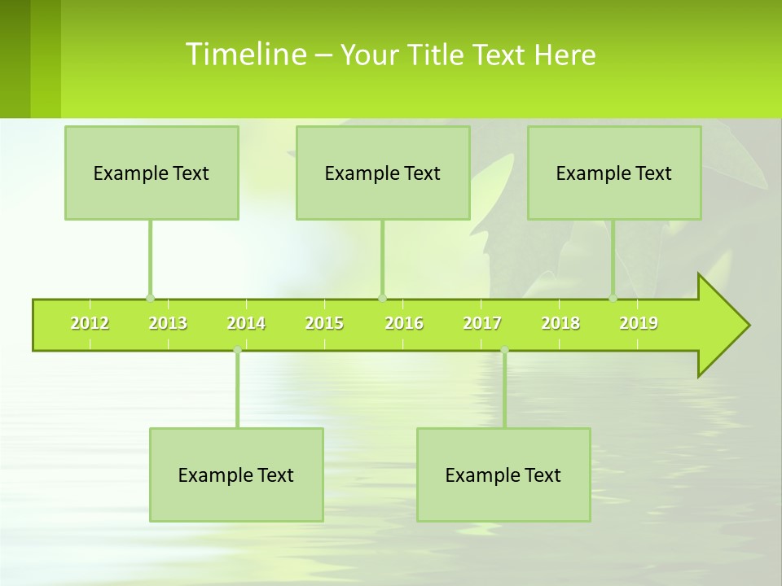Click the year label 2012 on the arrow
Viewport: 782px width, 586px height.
(x=90, y=323)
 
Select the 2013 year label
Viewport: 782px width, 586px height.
(x=168, y=323)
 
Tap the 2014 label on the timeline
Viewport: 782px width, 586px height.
(x=246, y=323)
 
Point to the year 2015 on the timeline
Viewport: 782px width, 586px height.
(x=324, y=323)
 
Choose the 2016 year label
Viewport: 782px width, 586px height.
(x=404, y=323)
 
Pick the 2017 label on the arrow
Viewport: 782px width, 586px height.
(x=482, y=323)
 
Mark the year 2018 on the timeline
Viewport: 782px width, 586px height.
(x=560, y=323)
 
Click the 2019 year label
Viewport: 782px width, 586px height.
(x=639, y=323)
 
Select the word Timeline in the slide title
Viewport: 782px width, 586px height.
(x=244, y=55)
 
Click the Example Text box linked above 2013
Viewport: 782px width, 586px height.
(x=152, y=173)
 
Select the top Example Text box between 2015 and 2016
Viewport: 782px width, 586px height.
(x=383, y=173)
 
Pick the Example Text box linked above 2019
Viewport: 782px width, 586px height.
(x=614, y=173)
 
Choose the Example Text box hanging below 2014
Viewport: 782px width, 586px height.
(x=236, y=474)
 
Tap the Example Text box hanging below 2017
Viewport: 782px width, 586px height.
(x=503, y=474)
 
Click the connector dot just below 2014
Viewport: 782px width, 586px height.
(x=237, y=350)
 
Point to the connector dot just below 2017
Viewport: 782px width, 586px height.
(x=504, y=350)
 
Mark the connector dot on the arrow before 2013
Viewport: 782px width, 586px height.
(x=150, y=298)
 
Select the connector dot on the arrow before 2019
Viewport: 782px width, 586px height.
(x=613, y=298)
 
